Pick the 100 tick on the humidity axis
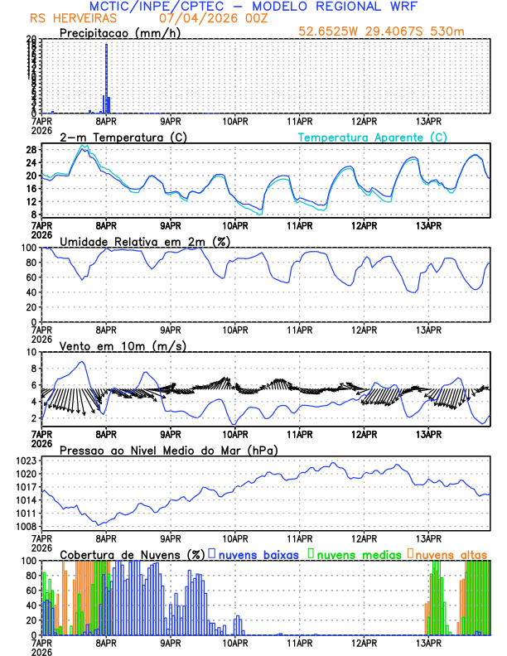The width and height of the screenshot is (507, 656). [28, 248]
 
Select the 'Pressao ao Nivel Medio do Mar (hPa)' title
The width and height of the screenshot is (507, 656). [168, 450]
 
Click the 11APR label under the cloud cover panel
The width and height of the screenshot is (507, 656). [299, 642]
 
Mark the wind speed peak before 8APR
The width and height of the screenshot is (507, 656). [81, 362]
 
